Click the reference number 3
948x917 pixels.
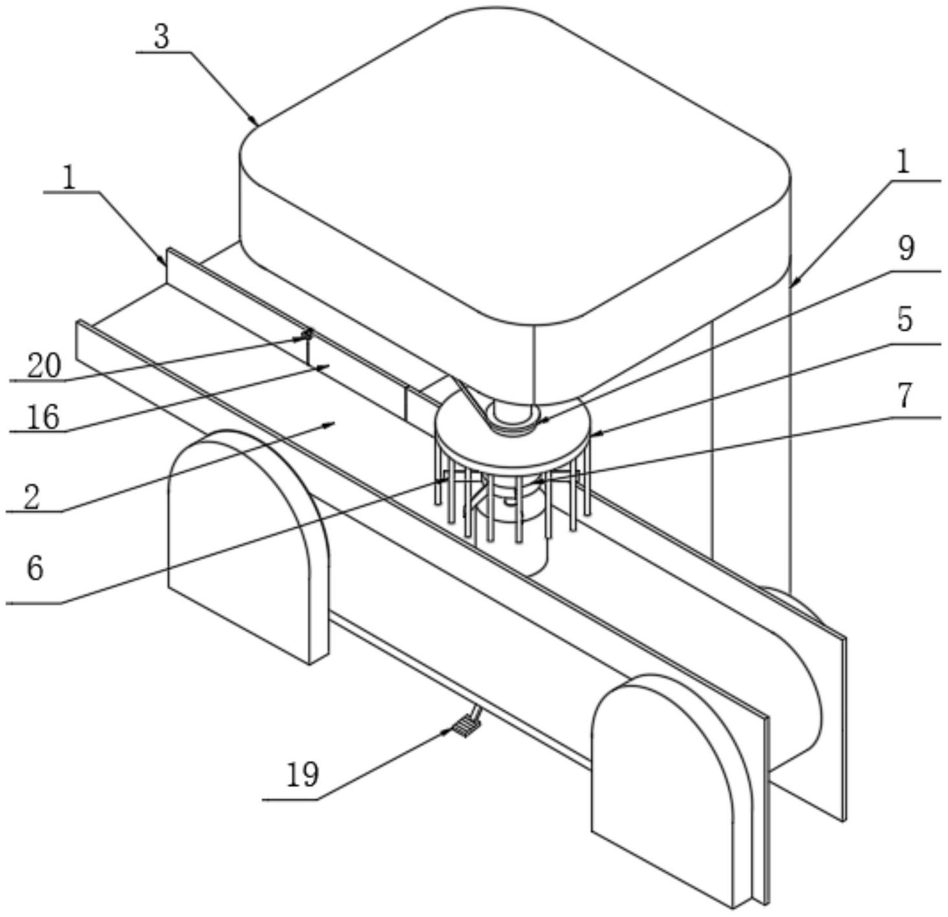(x=161, y=36)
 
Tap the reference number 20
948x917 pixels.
(x=44, y=366)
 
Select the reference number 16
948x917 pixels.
(x=43, y=417)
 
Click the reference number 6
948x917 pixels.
(x=35, y=568)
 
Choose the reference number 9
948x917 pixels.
(x=906, y=249)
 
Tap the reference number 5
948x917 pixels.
(x=904, y=320)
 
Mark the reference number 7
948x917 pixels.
(x=904, y=396)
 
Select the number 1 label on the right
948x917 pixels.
(x=903, y=162)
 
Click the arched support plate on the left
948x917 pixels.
(x=249, y=546)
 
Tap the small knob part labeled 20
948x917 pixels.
(x=307, y=334)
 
